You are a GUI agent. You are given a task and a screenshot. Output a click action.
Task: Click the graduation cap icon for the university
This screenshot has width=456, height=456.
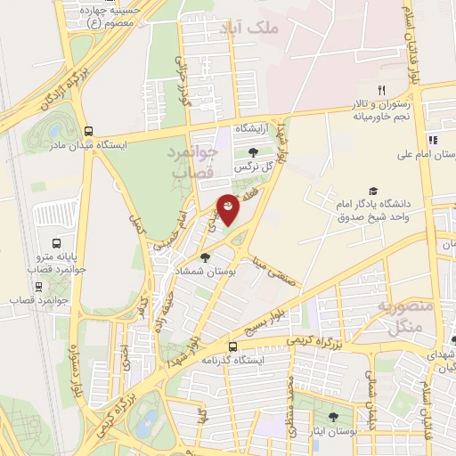[x=373, y=191]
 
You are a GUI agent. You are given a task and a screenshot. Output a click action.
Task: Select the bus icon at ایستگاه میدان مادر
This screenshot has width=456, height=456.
[x=87, y=129]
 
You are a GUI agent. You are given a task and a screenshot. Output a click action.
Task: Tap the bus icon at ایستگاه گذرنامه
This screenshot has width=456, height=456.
[x=232, y=346]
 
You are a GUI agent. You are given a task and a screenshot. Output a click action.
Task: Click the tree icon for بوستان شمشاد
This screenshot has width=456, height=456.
[x=206, y=258]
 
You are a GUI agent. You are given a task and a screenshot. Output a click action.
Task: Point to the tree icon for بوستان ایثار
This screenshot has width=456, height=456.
[x=333, y=417]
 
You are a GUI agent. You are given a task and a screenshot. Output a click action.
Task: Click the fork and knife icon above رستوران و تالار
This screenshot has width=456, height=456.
[x=381, y=90]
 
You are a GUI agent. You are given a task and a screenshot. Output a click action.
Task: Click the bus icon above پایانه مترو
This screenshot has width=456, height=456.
[x=57, y=243]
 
